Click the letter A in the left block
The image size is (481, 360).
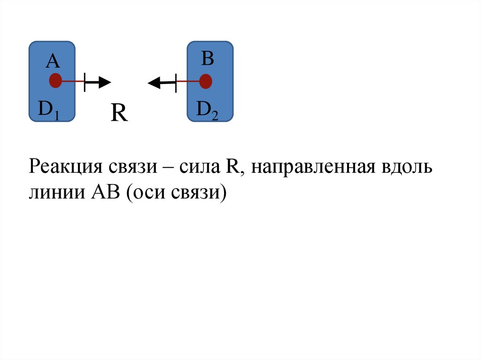[x=53, y=61]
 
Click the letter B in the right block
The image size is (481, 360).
[x=208, y=59]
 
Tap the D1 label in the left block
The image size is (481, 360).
[x=48, y=110]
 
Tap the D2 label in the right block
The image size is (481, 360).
[x=207, y=110]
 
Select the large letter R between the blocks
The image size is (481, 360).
[x=119, y=114]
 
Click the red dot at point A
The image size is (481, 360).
[x=55, y=81]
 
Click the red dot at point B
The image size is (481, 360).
[x=205, y=82]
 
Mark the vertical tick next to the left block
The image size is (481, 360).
[x=85, y=82]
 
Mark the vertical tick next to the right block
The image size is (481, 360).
[x=176, y=83]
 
